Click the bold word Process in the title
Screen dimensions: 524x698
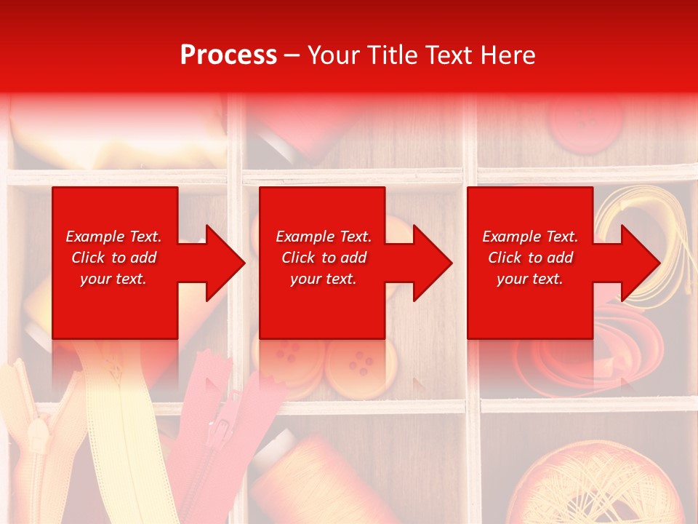[x=228, y=55]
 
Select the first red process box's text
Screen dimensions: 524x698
[x=114, y=258]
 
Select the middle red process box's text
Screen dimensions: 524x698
[x=324, y=258]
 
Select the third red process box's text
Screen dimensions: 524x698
[x=530, y=258]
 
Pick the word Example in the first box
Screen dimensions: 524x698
[x=89, y=237]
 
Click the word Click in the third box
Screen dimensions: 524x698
[x=503, y=258]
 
